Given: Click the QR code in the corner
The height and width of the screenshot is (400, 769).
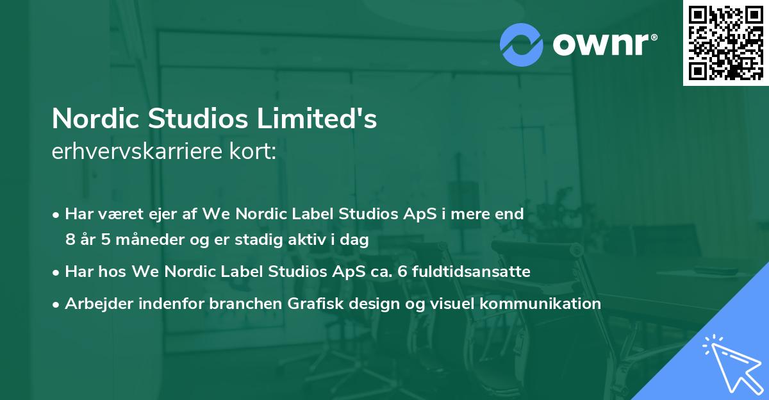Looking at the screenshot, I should pyautogui.click(x=726, y=42).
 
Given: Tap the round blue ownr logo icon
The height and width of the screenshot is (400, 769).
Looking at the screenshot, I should pyautogui.click(x=522, y=45).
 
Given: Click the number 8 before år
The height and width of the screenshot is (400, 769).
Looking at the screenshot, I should pyautogui.click(x=70, y=240).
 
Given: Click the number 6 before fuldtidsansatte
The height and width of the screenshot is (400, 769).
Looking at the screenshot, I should pyautogui.click(x=402, y=272).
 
